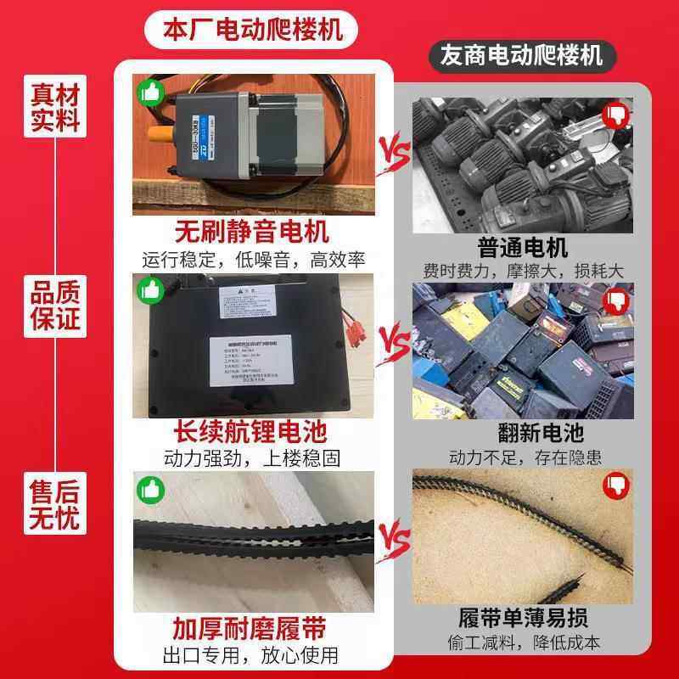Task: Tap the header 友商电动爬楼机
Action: (x=521, y=56)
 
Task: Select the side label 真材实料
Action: (x=55, y=107)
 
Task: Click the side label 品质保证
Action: (x=55, y=306)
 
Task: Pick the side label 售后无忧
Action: (x=55, y=504)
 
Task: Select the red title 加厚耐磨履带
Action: (x=251, y=629)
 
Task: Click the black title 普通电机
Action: (x=523, y=248)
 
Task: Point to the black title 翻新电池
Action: (x=523, y=433)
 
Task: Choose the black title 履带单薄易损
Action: (x=523, y=618)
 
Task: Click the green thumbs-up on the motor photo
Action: (x=150, y=92)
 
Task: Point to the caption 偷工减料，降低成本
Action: (x=523, y=644)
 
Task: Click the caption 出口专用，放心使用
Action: (x=251, y=655)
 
